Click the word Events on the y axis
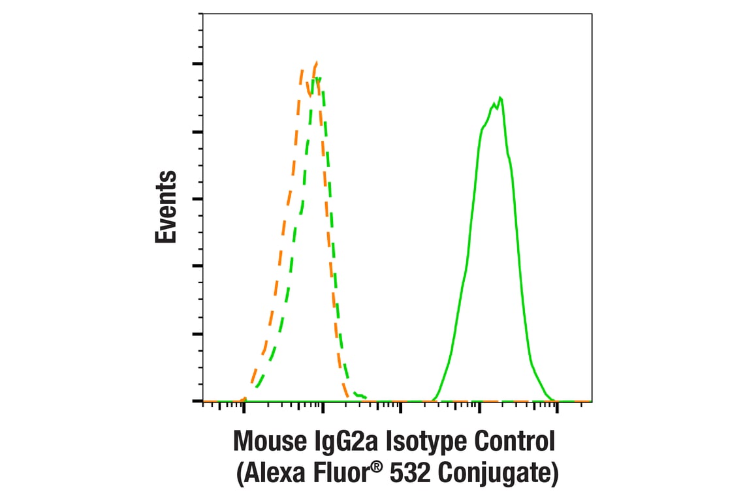166,207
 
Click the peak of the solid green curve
500,98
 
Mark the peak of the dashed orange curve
316,63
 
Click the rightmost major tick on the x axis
557,406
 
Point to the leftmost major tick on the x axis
244,406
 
